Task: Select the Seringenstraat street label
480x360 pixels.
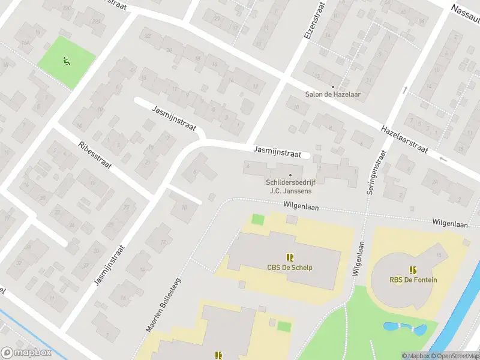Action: click(375, 172)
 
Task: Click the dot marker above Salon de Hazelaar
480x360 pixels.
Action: click(333, 86)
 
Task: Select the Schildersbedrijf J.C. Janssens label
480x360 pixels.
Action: click(291, 187)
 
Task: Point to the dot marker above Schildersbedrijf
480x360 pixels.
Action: click(291, 175)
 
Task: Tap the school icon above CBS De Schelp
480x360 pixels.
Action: click(290, 257)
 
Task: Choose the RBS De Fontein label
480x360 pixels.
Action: click(413, 280)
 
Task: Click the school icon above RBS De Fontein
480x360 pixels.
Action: click(413, 269)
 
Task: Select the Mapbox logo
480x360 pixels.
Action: click(26, 353)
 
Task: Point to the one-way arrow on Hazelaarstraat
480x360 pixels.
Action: click(443, 158)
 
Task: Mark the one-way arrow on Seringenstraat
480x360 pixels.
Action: click(406, 90)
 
